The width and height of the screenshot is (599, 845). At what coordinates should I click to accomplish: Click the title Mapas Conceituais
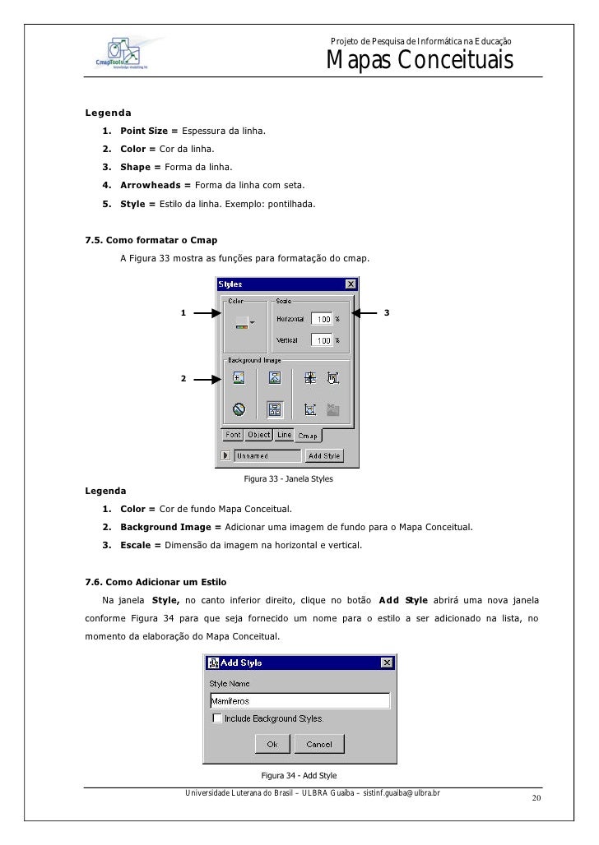(x=420, y=61)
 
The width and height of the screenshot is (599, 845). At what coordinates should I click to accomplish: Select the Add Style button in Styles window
(x=323, y=455)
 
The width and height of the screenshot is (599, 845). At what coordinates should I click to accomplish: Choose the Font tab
(x=234, y=435)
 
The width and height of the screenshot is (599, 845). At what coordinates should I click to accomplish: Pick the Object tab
(x=259, y=435)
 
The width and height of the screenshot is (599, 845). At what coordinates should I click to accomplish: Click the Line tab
(x=284, y=435)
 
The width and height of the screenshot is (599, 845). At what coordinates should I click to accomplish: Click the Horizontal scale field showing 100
(x=322, y=319)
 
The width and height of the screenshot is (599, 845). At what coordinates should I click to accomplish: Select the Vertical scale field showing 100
(x=322, y=339)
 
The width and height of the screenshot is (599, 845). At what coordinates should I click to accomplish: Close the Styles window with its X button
(x=351, y=284)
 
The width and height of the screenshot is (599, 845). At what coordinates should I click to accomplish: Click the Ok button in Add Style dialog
(x=272, y=744)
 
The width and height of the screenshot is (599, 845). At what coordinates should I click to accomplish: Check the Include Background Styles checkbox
(x=217, y=718)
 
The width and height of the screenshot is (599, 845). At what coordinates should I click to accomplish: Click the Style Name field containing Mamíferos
(x=299, y=700)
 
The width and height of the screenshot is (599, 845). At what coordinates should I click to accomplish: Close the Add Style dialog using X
(x=387, y=663)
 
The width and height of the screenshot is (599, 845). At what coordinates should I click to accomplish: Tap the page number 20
(x=536, y=800)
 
